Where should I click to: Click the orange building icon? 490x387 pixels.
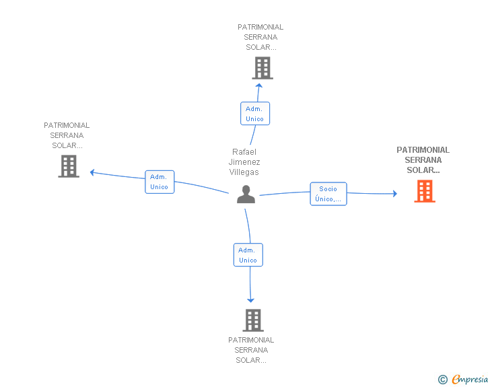tap(425, 191)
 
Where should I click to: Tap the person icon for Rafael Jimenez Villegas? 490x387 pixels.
tap(246, 194)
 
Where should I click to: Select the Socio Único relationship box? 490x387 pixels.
tap(328, 194)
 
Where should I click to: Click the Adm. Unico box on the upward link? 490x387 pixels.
tap(255, 114)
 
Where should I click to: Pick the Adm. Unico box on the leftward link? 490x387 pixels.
tap(160, 182)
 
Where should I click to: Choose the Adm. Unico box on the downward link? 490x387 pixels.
tap(248, 255)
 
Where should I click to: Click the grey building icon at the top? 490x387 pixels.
tap(262, 68)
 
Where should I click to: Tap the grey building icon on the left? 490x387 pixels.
tap(69, 166)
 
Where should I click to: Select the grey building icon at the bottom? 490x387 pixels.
tap(253, 320)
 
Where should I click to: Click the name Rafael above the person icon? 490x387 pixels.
tap(244, 152)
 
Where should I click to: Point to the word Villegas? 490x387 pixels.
tap(244, 172)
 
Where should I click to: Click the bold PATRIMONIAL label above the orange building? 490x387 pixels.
tap(423, 150)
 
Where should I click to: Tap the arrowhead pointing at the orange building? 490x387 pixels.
tap(395, 194)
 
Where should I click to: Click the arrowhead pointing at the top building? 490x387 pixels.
tap(258, 85)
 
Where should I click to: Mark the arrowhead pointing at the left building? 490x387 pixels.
tap(92, 172)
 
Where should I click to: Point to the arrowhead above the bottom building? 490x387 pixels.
tap(250, 300)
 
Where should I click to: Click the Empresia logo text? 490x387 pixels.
tap(470, 380)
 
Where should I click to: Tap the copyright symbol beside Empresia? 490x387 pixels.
tap(443, 380)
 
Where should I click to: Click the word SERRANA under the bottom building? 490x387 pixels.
tap(251, 350)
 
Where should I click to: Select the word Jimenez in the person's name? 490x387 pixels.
tap(244, 162)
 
